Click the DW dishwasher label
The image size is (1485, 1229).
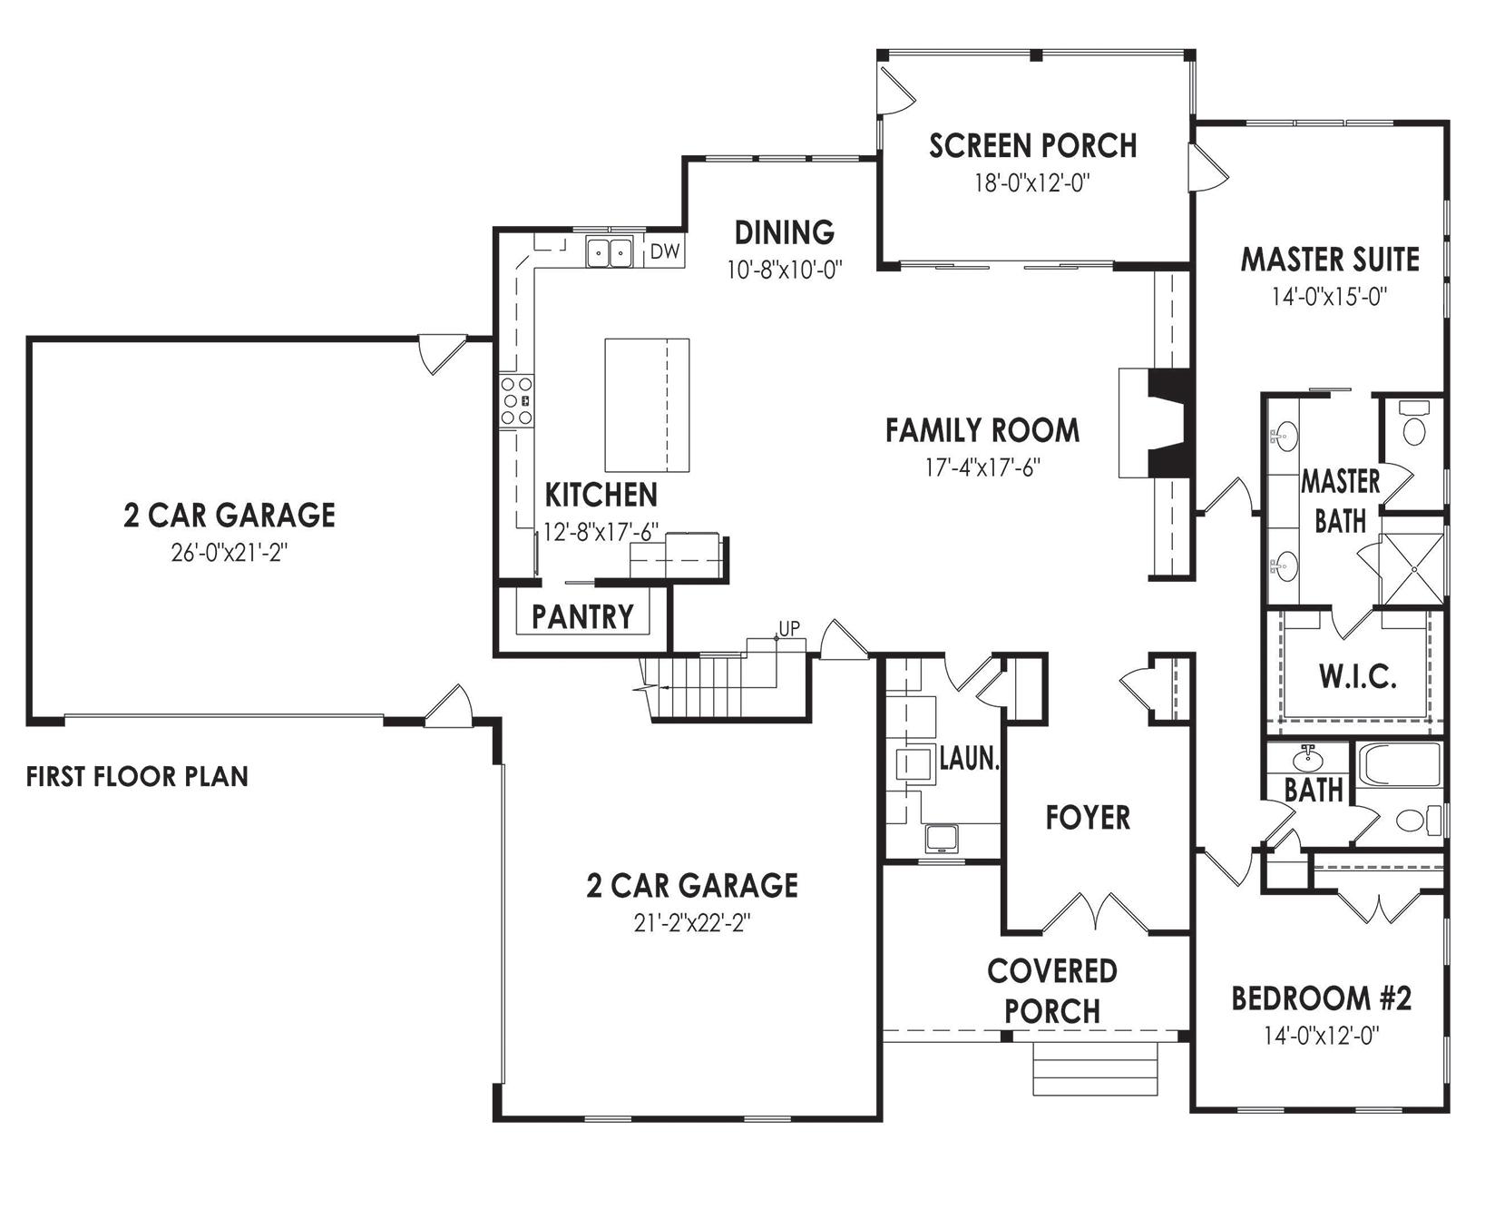(665, 251)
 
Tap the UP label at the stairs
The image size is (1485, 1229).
(789, 627)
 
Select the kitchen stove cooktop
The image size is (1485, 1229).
(516, 400)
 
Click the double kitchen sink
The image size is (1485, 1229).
(609, 251)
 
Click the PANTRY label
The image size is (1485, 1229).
(582, 617)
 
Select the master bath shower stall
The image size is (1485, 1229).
(1412, 569)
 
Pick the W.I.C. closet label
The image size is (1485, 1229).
(1357, 676)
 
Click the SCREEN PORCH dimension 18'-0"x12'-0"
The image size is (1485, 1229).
(1032, 183)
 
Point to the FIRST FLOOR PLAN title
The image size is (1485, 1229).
(137, 777)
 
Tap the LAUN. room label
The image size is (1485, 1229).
(969, 758)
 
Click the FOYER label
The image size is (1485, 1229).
(1088, 818)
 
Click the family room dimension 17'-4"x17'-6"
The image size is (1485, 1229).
(982, 467)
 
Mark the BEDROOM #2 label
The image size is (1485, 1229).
(1322, 999)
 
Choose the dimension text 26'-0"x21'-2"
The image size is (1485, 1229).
(230, 553)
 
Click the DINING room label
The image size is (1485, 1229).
(785, 232)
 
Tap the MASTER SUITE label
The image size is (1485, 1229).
(1330, 260)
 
